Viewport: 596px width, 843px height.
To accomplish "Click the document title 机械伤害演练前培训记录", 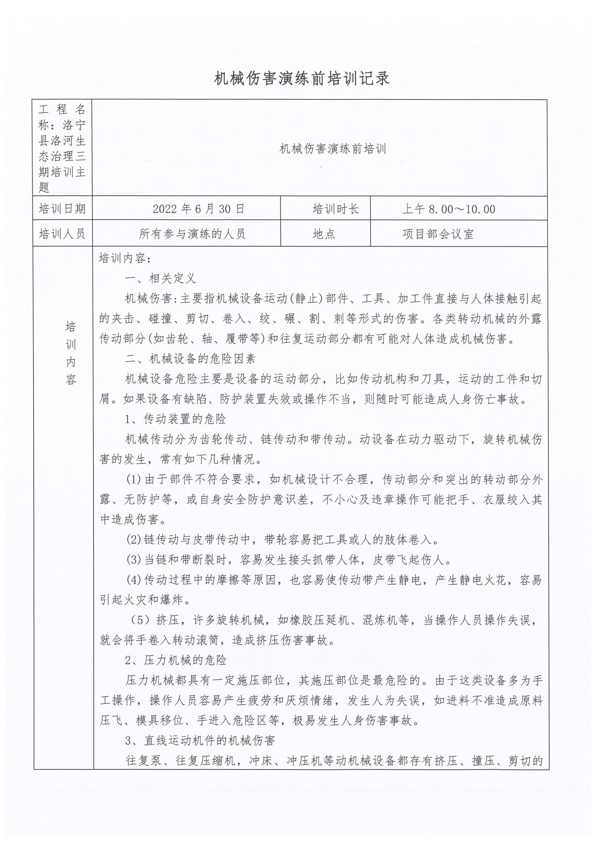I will pyautogui.click(x=302, y=79).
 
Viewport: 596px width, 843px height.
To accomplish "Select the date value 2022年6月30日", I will pyautogui.click(x=198, y=209).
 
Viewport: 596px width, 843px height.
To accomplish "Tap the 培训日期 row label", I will pyautogui.click(x=62, y=209).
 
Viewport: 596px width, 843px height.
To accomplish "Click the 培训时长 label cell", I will pyautogui.click(x=336, y=209).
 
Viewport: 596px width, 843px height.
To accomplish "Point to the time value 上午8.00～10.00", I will pyautogui.click(x=449, y=209).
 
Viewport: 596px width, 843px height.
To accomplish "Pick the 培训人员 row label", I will pyautogui.click(x=62, y=234).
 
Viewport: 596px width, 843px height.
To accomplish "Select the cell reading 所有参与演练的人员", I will pyautogui.click(x=192, y=234).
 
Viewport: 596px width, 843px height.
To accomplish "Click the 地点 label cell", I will pyautogui.click(x=324, y=234).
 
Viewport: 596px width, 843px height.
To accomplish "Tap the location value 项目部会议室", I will pyautogui.click(x=438, y=234).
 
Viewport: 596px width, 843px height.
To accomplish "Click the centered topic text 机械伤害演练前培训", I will pyautogui.click(x=333, y=149).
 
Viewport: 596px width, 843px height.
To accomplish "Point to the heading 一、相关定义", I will pyautogui.click(x=160, y=278).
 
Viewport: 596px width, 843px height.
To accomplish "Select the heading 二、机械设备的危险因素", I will pyautogui.click(x=190, y=358).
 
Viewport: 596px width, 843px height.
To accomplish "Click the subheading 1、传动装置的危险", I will pyautogui.click(x=176, y=419).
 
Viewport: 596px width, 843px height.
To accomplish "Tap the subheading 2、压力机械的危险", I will pyautogui.click(x=176, y=660).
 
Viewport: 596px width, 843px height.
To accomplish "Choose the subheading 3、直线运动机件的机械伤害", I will pyautogui.click(x=200, y=740).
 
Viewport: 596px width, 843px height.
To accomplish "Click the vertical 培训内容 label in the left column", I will pyautogui.click(x=71, y=353).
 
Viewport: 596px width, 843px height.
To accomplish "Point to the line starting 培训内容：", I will pyautogui.click(x=125, y=258).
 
